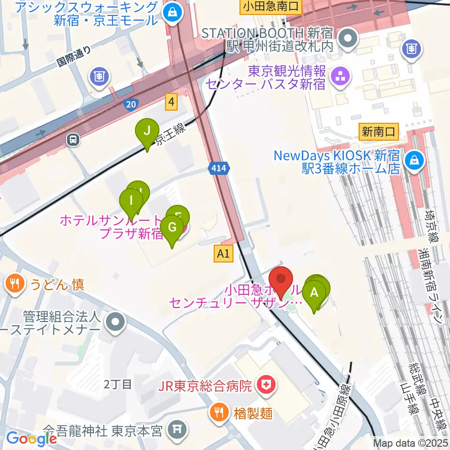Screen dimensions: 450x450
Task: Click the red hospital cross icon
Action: (265, 386)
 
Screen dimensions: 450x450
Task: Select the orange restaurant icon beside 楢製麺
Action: (218, 412)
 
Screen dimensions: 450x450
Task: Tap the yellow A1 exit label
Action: (223, 254)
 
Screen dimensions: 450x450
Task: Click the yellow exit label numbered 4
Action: (172, 101)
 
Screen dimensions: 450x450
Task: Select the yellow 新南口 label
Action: (379, 132)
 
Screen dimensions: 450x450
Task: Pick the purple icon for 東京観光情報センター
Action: (340, 77)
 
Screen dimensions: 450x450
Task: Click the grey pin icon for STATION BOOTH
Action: (348, 39)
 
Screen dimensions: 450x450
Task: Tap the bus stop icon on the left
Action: (73, 139)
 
